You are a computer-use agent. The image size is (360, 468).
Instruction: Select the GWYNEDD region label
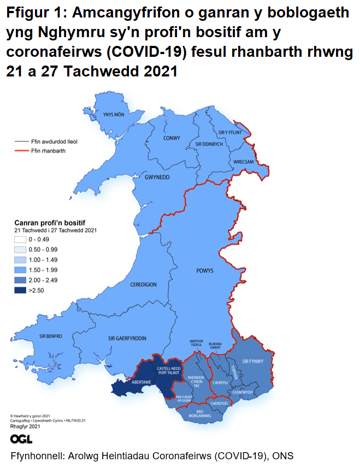pos(158,178)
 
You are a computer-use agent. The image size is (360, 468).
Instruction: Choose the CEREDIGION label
pos(143,285)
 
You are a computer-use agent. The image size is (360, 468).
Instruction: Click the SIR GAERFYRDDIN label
pos(127,339)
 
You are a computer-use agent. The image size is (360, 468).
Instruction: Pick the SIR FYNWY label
pos(252,362)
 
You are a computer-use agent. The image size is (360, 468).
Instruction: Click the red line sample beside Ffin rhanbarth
pos(21,150)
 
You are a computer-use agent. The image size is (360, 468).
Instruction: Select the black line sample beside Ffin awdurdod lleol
pos(21,141)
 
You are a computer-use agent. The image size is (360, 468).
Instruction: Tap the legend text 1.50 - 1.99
pos(46,270)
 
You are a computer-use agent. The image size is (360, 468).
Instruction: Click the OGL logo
pos(21,439)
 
